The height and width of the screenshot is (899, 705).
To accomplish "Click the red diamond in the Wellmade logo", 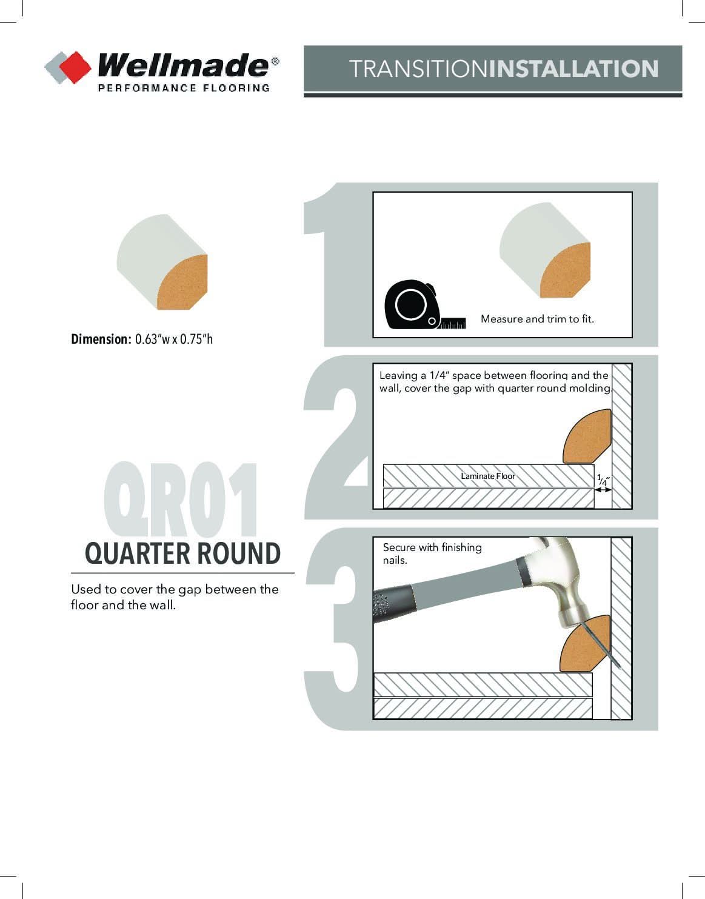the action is click(x=75, y=67).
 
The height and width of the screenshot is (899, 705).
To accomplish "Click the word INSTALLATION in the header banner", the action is click(x=573, y=69).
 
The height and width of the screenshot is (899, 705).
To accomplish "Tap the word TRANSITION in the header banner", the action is click(x=419, y=69).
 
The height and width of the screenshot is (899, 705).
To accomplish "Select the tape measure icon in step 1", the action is click(x=424, y=304).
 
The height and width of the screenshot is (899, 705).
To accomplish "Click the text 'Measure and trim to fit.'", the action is click(x=537, y=319).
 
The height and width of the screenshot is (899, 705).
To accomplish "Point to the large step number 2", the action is click(x=336, y=437).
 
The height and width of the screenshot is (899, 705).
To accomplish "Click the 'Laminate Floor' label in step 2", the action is click(x=488, y=476).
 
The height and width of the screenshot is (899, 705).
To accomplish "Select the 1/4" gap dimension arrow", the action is click(x=603, y=489).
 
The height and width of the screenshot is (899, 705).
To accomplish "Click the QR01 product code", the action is click(x=181, y=500).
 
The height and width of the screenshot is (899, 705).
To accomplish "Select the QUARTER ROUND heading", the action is click(x=182, y=553).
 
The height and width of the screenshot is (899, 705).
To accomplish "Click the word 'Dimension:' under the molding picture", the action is click(x=101, y=339).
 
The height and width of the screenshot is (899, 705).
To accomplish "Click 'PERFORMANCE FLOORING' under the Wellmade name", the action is click(x=184, y=88).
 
